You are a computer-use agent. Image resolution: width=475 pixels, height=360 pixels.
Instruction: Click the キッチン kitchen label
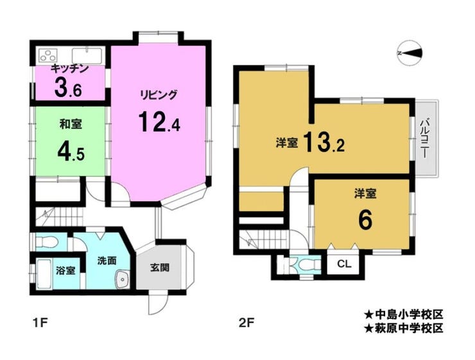[x=69, y=68]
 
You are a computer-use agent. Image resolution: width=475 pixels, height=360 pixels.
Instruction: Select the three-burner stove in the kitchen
[x=49, y=56]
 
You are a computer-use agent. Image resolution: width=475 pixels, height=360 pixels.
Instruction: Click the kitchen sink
[x=87, y=56]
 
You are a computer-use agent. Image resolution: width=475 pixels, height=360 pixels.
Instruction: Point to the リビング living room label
[x=158, y=96]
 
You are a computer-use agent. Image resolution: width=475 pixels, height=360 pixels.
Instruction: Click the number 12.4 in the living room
[x=159, y=121]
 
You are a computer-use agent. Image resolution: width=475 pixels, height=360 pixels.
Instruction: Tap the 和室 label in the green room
[x=70, y=124]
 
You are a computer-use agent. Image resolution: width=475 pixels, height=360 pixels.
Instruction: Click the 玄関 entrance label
[x=160, y=267]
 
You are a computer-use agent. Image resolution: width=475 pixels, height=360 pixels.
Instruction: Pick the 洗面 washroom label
[x=107, y=261]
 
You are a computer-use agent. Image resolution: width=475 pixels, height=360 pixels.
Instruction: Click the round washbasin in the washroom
[x=123, y=279]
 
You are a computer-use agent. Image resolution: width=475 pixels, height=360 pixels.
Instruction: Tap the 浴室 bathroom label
[x=65, y=270]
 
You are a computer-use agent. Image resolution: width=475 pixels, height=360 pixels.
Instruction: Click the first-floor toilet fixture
[x=46, y=242]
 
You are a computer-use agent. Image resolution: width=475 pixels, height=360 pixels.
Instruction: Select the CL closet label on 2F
[x=344, y=264]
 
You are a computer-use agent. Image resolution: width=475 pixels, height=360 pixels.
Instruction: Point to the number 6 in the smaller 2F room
[x=365, y=220]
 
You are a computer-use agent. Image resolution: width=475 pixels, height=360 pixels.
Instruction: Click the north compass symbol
[x=410, y=53]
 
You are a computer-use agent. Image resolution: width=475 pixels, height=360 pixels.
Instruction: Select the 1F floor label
[x=40, y=323]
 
